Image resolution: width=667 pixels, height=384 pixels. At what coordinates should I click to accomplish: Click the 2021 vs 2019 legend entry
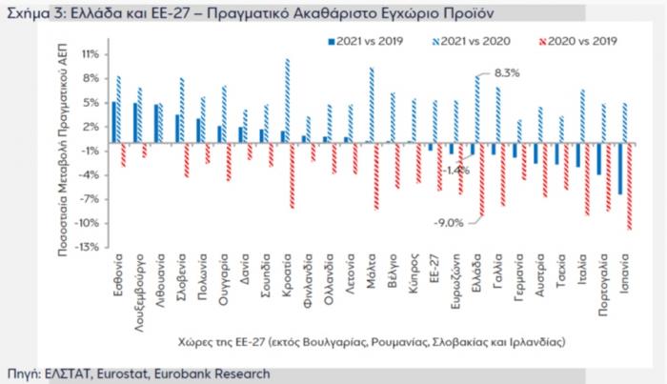[x=364, y=42]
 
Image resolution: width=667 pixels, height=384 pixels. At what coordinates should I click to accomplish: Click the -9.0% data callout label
[x=449, y=223]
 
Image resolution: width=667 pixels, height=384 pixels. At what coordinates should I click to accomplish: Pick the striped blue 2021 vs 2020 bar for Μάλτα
[x=371, y=105]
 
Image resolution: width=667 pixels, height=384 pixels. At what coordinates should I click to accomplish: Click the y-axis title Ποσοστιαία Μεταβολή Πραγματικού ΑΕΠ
[x=59, y=148]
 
